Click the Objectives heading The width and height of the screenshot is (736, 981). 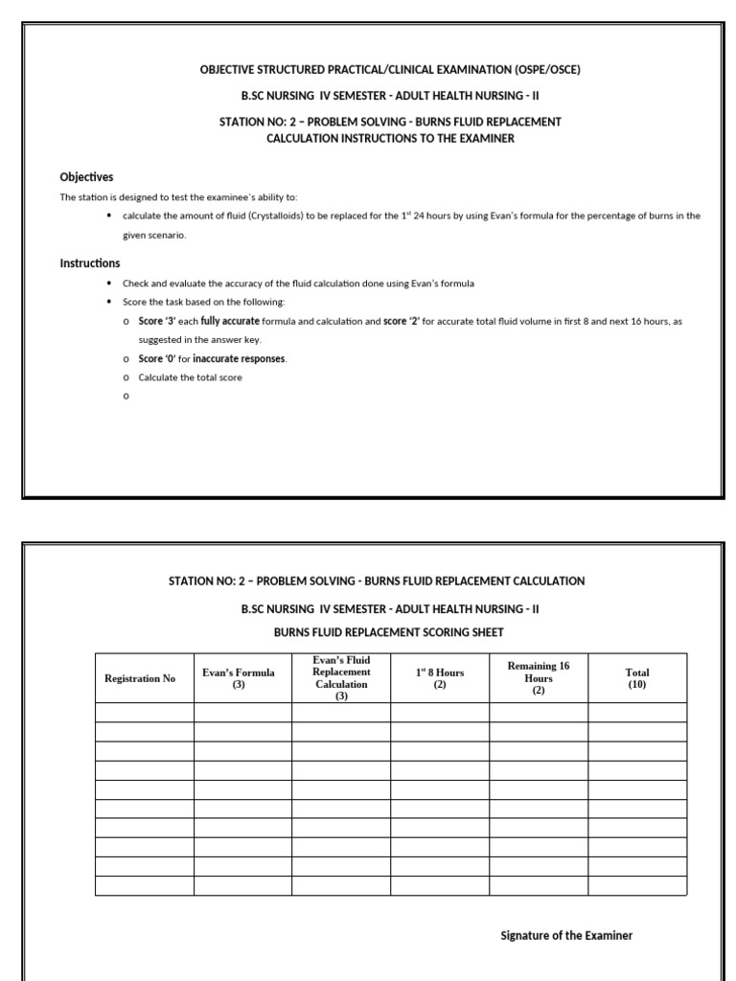point(86,177)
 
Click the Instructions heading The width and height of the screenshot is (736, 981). point(90,263)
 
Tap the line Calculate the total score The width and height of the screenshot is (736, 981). point(190,377)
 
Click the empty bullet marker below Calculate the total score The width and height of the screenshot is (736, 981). point(126,397)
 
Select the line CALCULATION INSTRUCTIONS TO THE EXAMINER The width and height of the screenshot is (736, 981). point(390,139)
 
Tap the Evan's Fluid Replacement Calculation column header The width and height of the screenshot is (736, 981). point(341,678)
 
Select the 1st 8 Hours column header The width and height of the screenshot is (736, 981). point(440,678)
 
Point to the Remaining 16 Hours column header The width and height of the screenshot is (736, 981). point(539,677)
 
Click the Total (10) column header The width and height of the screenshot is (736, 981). point(637,678)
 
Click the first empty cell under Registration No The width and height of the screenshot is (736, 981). point(144,713)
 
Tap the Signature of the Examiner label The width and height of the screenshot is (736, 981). point(566,936)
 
